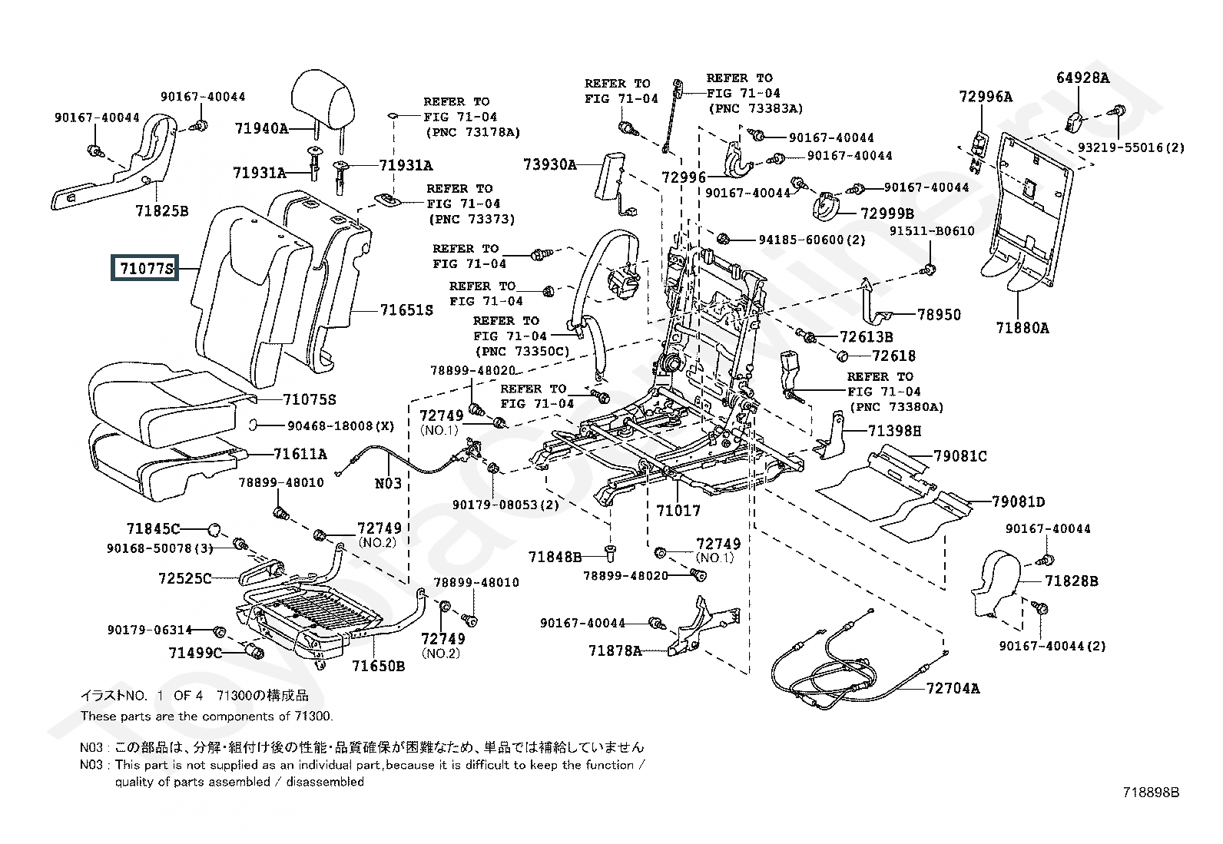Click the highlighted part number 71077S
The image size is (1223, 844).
[x=145, y=269]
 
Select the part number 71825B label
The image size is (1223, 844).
[x=161, y=210]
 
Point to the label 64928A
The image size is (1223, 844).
[x=1082, y=78]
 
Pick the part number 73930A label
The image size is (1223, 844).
[x=549, y=164]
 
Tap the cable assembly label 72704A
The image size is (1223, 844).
[x=953, y=688]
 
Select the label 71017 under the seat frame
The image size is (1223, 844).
[x=678, y=510]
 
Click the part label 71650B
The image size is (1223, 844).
[x=378, y=666]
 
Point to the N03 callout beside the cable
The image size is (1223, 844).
[x=388, y=483]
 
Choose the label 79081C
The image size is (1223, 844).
[x=960, y=456]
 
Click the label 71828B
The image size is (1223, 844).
[x=1071, y=581]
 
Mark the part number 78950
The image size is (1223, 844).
[x=939, y=315]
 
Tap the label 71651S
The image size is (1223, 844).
[x=406, y=310]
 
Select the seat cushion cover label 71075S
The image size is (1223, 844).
[x=309, y=400]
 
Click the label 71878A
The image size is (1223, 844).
[x=615, y=650]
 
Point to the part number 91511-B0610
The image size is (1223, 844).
[x=932, y=231]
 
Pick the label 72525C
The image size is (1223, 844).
[x=184, y=578]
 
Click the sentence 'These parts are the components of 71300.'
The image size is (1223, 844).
[x=207, y=717]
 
